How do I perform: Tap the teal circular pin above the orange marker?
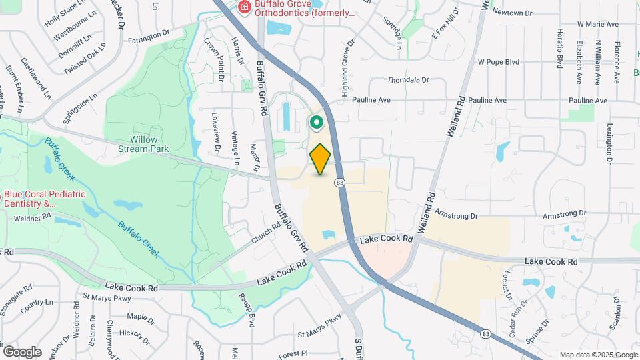(x=315, y=123)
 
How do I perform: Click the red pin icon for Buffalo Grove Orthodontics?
(x=245, y=7)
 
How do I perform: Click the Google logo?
(x=22, y=351)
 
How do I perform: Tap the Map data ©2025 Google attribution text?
(x=598, y=355)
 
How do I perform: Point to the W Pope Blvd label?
(x=498, y=61)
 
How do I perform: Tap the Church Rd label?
(x=266, y=232)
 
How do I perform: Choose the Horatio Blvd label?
(x=557, y=49)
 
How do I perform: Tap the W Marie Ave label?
(x=598, y=24)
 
